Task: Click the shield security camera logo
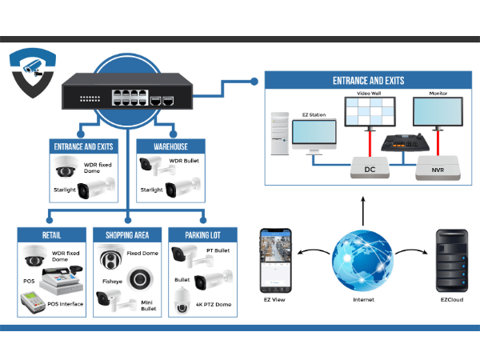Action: (x=33, y=73)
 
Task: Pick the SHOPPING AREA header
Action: (x=127, y=234)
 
